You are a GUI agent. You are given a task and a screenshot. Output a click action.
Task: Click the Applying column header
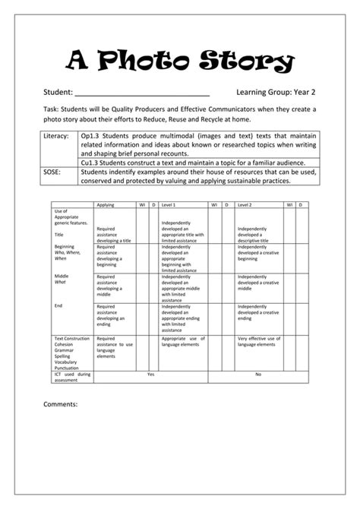[x=106, y=205]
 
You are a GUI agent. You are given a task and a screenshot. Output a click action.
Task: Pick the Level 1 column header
[x=169, y=205]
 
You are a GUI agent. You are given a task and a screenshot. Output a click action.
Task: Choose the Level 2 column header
[x=245, y=205]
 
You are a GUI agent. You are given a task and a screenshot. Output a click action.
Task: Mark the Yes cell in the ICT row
[x=150, y=374]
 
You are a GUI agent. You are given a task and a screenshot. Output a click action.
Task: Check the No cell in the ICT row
[x=258, y=374]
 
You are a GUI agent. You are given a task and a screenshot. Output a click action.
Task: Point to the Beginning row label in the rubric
[x=65, y=247]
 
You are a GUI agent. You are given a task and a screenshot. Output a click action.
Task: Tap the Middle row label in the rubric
[x=62, y=276]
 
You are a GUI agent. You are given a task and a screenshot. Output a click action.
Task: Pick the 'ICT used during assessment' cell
[x=73, y=377]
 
